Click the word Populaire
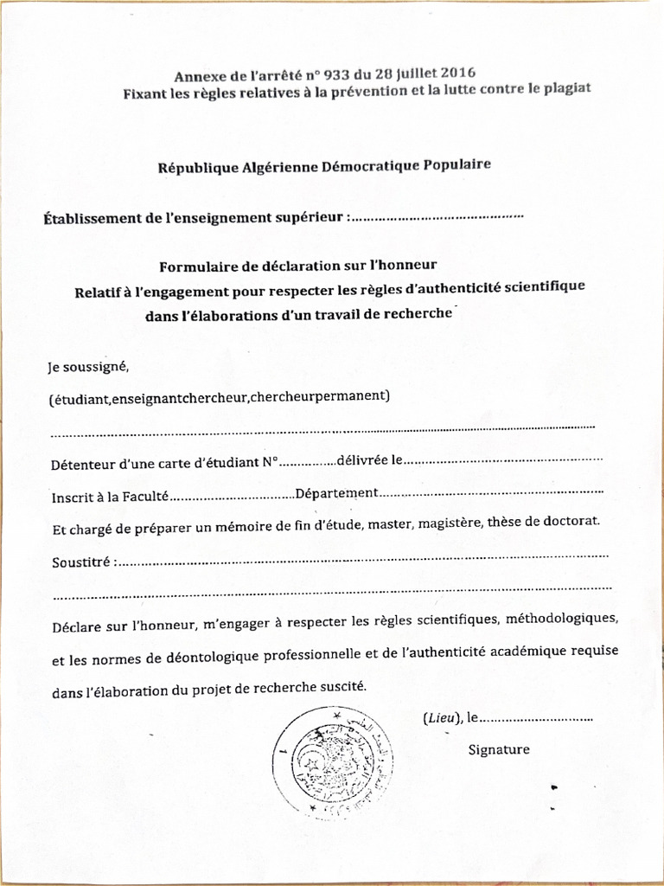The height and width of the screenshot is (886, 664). (x=456, y=164)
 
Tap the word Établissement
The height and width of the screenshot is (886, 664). (x=90, y=219)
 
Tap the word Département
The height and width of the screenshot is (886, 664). (x=336, y=493)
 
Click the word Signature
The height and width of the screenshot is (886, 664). (x=499, y=749)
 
